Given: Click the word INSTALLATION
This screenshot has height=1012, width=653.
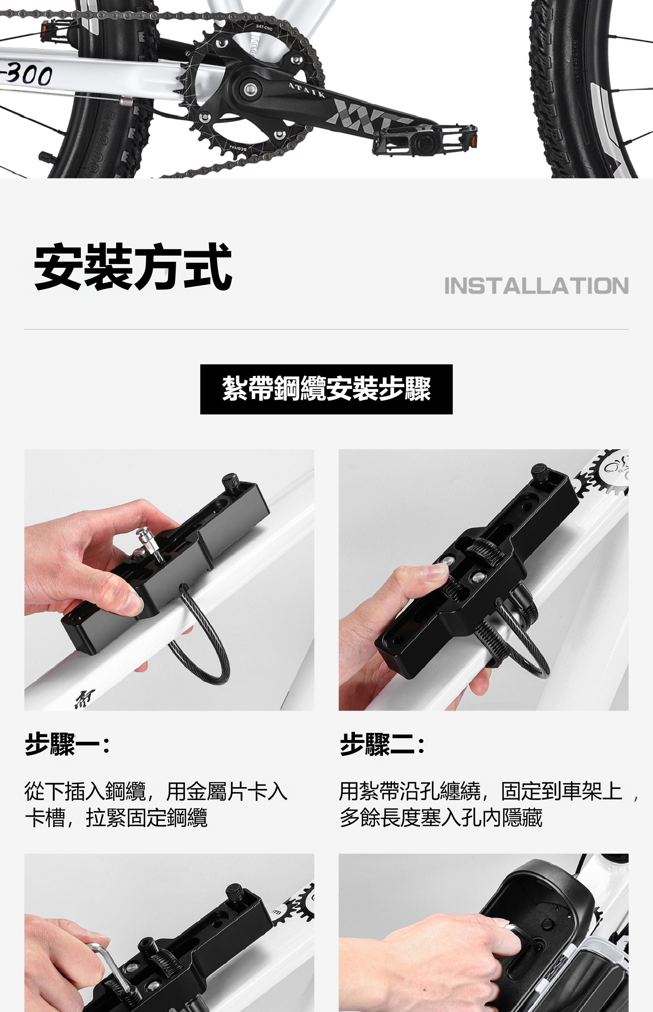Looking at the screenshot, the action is pos(536,286).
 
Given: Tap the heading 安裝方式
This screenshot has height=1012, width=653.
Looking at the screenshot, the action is pos(133,267).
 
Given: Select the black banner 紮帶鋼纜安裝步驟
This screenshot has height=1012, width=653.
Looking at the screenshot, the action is pos(326,389).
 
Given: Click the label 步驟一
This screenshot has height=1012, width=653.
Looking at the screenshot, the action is pos(67,744).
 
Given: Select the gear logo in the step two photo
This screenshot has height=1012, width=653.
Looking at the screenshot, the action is pos(602,473).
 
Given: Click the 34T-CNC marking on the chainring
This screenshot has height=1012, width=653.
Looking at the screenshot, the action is pos(264,28).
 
